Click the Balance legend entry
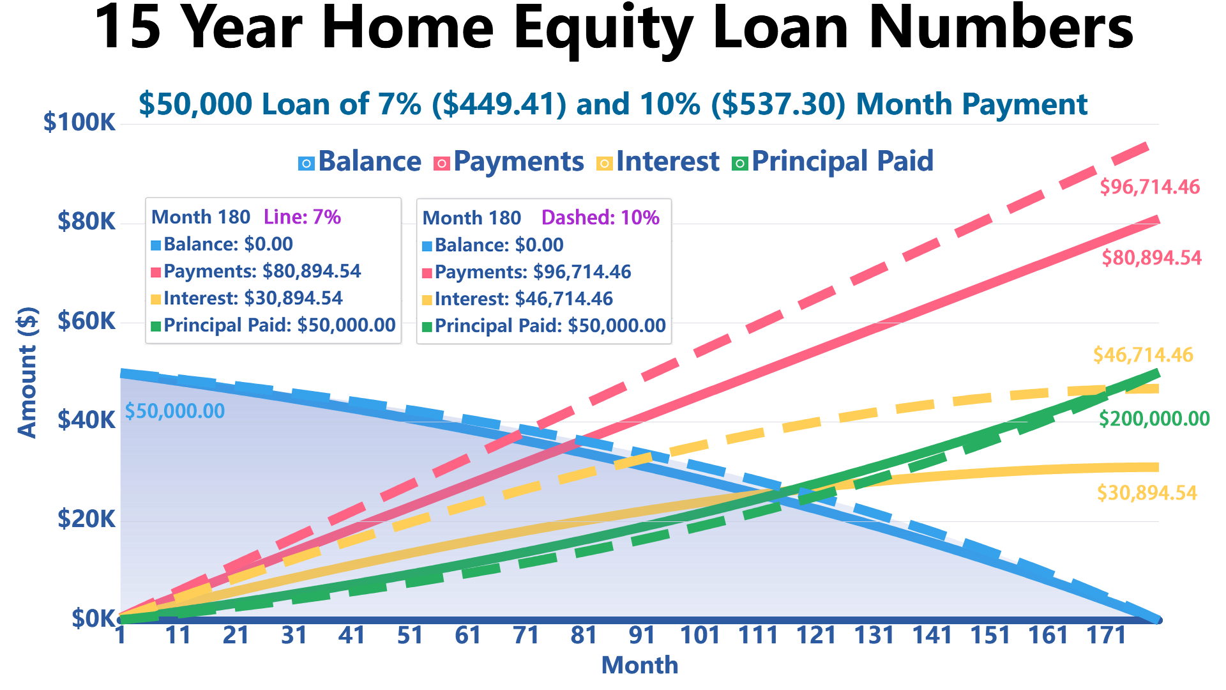(359, 162)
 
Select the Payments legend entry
(508, 162)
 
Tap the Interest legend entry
(658, 162)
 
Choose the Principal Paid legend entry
(833, 162)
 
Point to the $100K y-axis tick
(79, 121)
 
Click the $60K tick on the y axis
(86, 321)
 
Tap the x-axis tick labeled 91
(642, 635)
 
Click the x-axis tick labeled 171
(1106, 635)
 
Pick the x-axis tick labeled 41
(352, 635)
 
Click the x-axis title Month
(639, 665)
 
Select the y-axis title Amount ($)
(27, 372)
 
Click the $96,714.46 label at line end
(1149, 187)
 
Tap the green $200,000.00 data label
(1154, 419)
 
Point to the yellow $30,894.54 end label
(1147, 493)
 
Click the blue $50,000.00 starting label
(174, 411)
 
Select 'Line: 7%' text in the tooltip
(302, 217)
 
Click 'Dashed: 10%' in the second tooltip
(600, 218)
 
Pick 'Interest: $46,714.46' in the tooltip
(517, 299)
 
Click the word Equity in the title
(603, 29)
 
